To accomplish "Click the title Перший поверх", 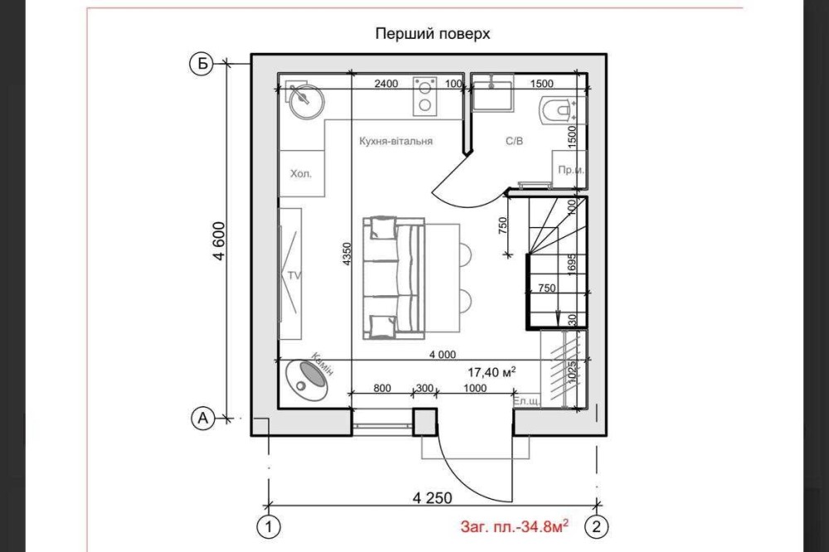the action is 433,34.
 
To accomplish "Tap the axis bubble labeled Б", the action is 201,64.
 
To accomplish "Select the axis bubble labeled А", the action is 202,419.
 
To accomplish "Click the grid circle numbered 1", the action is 269,526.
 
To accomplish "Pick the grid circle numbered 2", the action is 596,526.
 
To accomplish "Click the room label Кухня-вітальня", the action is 396,141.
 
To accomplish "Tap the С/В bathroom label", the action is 515,141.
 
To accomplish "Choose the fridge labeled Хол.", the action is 301,173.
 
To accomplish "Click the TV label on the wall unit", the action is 294,275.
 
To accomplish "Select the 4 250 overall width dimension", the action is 433,497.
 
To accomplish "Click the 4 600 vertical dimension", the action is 220,240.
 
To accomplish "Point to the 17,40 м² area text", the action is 492,371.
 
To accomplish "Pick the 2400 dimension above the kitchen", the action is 386,83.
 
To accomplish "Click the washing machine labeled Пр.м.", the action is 569,169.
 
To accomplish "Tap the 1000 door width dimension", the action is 475,388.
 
